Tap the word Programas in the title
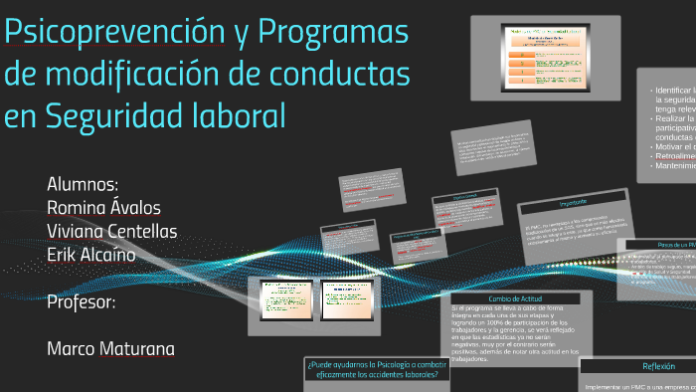(x=334, y=33)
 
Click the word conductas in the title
(x=334, y=75)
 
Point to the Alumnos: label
(x=83, y=185)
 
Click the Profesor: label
(x=82, y=299)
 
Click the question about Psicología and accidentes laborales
(x=377, y=369)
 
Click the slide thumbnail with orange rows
(x=545, y=59)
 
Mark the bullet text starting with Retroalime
(x=674, y=156)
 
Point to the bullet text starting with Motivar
(x=673, y=146)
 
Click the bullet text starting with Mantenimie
(x=674, y=166)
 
